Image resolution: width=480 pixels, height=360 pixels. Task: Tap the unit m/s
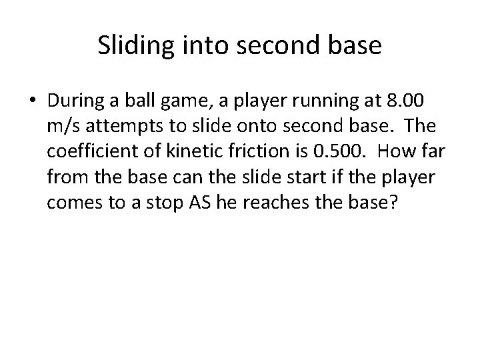tap(62, 127)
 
